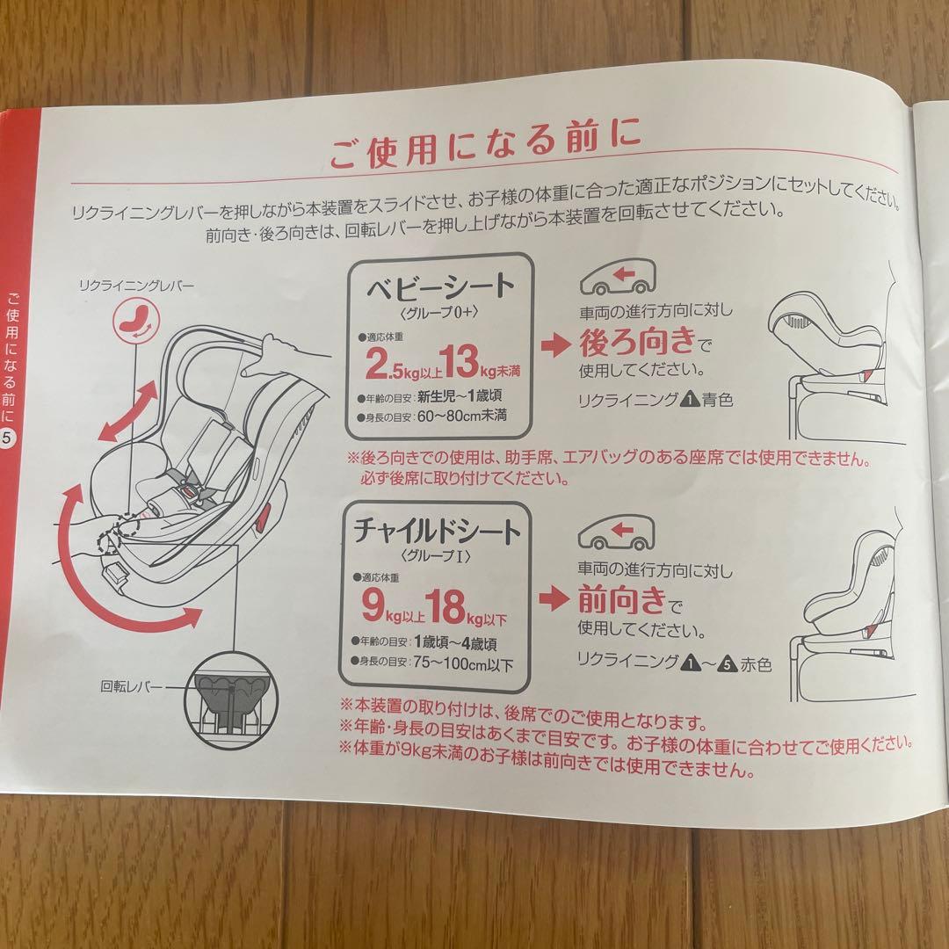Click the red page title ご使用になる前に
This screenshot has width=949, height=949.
coord(485,143)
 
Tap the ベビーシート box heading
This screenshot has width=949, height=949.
coord(440,286)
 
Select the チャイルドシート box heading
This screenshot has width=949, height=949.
coord(437,530)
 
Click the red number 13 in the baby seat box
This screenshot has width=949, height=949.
coord(459,361)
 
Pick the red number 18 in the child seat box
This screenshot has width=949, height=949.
coord(445,605)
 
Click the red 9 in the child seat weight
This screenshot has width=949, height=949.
coord(373,605)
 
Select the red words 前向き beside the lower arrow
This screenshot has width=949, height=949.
coord(621,599)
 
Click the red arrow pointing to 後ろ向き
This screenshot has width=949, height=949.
coord(555,345)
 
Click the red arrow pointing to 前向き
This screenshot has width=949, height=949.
coord(554,599)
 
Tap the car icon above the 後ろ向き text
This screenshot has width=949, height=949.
coord(618,279)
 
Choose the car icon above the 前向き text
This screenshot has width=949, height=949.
coord(616,532)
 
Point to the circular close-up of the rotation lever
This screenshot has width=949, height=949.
coord(230,700)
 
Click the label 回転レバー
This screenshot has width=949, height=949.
coord(131,687)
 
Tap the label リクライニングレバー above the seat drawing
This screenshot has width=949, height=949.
coord(137,285)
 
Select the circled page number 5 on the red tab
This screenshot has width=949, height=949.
coord(7,438)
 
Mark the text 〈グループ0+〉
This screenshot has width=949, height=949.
coord(439,312)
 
